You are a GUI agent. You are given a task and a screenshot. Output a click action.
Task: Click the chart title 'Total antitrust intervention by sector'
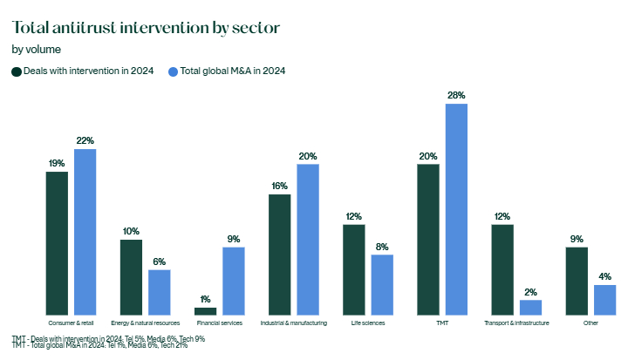[x=146, y=28]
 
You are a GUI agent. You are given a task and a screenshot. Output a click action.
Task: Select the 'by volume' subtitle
[x=37, y=49]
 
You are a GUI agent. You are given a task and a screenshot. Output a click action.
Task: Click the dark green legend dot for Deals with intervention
[x=17, y=71]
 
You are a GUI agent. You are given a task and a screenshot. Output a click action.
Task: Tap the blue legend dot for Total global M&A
[x=173, y=71]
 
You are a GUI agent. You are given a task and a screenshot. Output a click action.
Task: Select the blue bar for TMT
[x=456, y=209]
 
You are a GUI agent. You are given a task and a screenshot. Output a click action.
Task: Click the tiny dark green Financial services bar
[x=205, y=310]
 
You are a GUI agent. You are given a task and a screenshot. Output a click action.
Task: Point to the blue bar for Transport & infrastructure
[x=530, y=307]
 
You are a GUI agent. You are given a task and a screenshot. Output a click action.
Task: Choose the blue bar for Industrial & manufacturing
[x=308, y=239]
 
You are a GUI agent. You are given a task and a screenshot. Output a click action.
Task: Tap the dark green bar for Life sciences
[x=354, y=269]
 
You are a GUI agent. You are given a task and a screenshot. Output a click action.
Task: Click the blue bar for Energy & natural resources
[x=159, y=292]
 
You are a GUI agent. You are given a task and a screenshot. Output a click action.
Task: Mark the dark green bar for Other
[x=577, y=281]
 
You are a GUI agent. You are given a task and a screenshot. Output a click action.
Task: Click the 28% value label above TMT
[x=456, y=95]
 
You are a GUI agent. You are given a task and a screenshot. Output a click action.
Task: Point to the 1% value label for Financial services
[x=205, y=299]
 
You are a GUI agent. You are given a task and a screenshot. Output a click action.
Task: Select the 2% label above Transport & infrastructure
[x=530, y=292]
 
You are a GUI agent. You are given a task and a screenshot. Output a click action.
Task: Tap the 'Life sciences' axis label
[x=368, y=323]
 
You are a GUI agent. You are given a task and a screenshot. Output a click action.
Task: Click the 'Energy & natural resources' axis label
[x=145, y=323]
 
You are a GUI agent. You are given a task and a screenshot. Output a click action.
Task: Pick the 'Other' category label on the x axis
[x=590, y=323]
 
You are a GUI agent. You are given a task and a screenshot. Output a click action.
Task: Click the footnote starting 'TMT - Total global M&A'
[x=100, y=346]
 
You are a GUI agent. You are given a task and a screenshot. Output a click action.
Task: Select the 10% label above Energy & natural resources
[x=131, y=231]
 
